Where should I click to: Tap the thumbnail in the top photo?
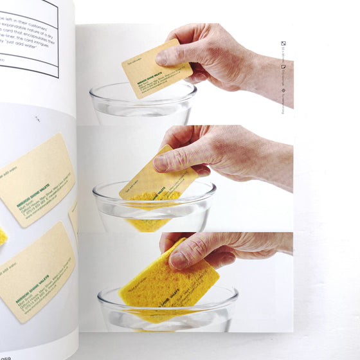point(162,57)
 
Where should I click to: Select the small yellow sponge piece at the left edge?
point(3,236)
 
